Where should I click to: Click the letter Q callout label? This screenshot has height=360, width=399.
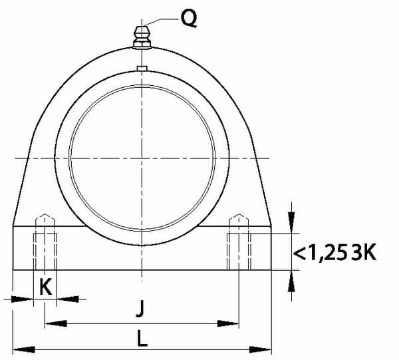[x=189, y=19]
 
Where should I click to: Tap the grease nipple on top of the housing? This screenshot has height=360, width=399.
[x=142, y=37]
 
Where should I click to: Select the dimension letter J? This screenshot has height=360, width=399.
[x=140, y=308]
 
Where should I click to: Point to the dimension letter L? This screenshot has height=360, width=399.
[x=142, y=338]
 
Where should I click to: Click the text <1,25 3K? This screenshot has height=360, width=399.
[x=335, y=253]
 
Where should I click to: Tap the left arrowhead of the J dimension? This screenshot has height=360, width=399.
[x=56, y=323]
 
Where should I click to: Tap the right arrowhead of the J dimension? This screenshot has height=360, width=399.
[x=228, y=323]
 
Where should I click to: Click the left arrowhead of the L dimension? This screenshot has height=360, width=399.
[x=24, y=349]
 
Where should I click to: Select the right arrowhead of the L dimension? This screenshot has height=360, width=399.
[x=261, y=349]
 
